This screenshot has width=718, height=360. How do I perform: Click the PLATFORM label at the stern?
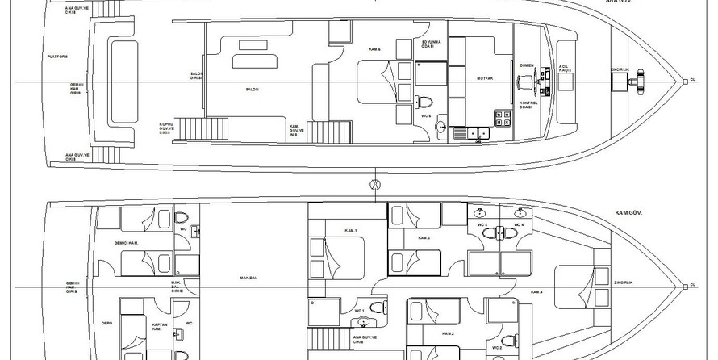coord(57,57)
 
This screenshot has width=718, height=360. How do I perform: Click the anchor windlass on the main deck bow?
coord(641,80)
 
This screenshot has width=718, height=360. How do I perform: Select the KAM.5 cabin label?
coord(374,50)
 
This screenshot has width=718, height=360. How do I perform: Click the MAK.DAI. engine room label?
coord(248,278)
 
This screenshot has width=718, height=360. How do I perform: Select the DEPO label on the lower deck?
coord(106,322)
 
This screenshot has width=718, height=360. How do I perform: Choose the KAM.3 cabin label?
coord(424,238)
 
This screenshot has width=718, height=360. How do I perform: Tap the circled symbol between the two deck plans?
coord(374,184)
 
